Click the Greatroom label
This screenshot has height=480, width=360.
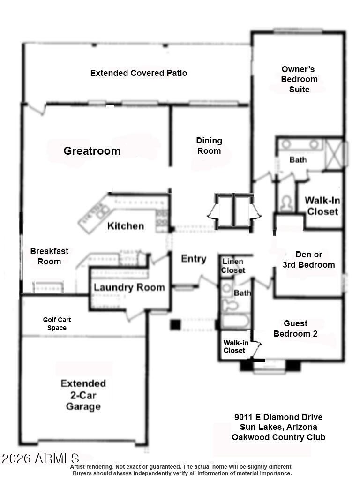pos(92,151)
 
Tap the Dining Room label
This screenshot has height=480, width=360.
pos(209,145)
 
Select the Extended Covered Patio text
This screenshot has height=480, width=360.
pos(139,73)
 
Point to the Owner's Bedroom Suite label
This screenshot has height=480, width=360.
pos(299,79)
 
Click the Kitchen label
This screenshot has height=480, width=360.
pos(126,226)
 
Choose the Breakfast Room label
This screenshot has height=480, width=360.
pos(49,256)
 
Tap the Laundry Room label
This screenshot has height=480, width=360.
pos(129,287)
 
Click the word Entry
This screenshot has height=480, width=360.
pos(194,259)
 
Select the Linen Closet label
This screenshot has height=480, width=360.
pos(233,266)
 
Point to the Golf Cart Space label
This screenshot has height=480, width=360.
pos(57,324)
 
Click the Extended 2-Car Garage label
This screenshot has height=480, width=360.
pos(83,395)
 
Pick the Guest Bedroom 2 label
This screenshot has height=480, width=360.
pos(295,329)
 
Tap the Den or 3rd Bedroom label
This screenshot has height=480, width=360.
pos(308,260)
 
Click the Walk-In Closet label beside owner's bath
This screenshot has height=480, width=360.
pos(322,206)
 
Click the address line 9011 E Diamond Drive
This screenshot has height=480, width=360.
pos(278,417)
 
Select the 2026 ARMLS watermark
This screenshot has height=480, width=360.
pos(40,458)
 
